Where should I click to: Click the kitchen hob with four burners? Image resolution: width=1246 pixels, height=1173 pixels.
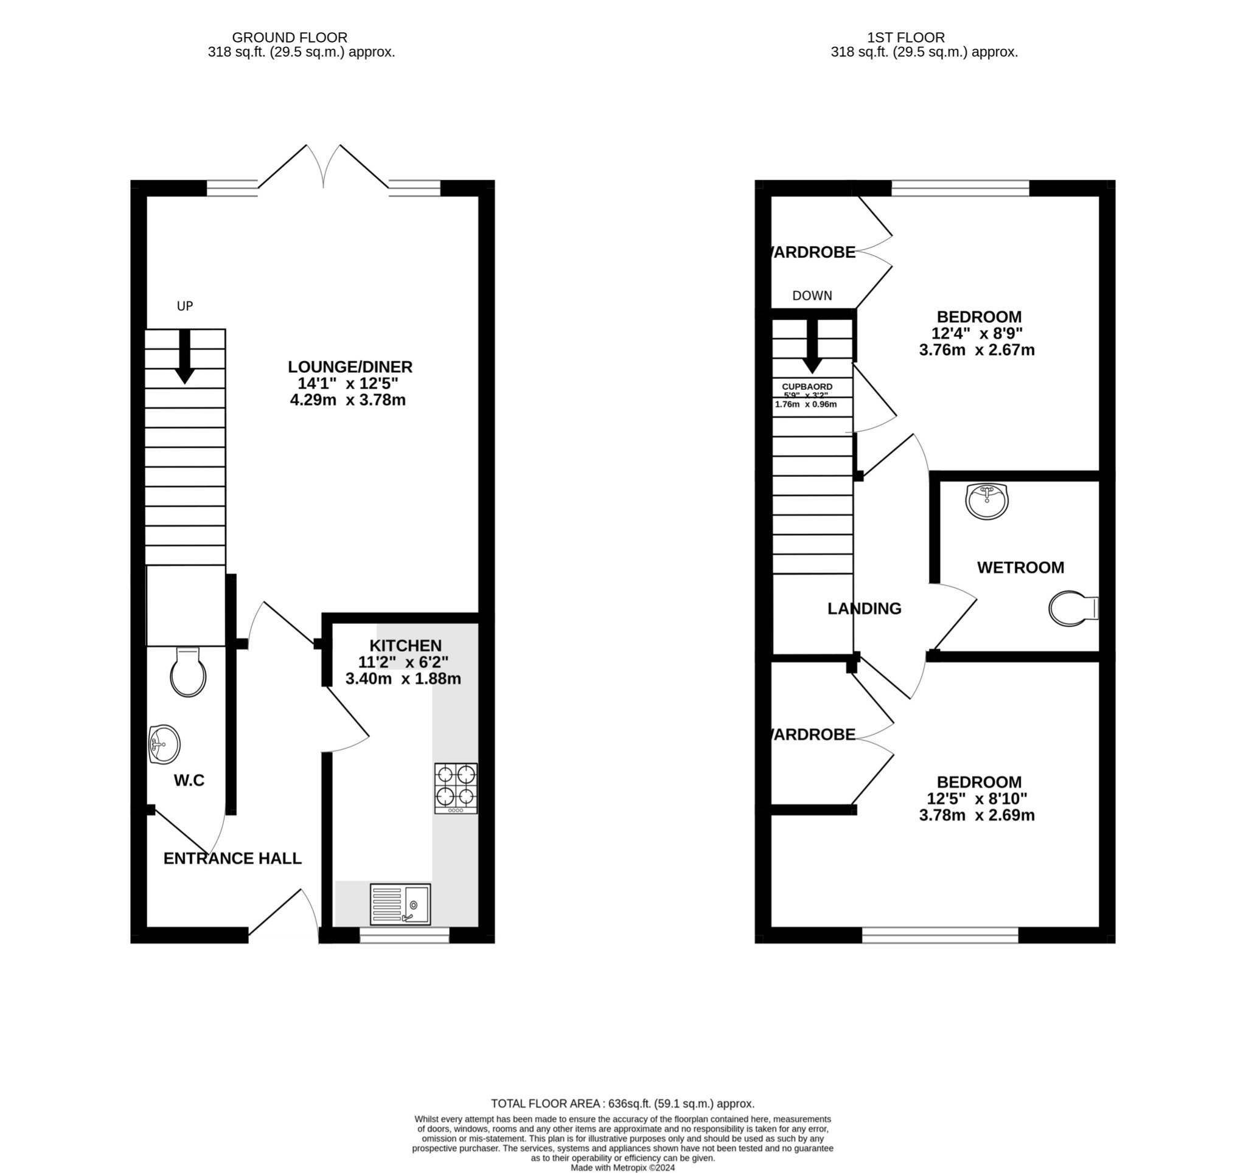456,787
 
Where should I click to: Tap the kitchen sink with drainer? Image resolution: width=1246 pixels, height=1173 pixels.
400,904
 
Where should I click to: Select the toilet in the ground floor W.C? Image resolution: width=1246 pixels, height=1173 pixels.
188,673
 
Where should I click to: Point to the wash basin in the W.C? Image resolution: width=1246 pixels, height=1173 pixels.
164,744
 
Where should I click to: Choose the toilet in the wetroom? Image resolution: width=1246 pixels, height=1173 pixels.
1073,609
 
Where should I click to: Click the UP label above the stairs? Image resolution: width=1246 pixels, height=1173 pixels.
185,306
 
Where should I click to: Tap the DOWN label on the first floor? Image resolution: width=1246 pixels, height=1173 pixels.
812,296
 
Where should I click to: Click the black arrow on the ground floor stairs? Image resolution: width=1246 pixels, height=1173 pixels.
184,356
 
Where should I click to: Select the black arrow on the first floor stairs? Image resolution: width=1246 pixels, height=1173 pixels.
812,347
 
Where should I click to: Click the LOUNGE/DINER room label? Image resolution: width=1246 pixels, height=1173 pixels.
350,367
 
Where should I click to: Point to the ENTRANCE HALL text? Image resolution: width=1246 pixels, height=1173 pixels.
232,859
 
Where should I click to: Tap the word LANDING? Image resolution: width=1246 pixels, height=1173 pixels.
864,609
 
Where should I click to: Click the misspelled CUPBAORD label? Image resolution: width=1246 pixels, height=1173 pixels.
807,387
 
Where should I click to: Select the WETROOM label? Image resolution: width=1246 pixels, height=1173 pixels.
1020,568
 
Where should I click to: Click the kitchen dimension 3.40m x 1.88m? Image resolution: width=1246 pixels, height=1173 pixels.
403,679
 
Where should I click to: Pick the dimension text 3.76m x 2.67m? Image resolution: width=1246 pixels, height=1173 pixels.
976,350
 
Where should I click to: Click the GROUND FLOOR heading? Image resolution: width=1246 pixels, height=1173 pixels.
290,38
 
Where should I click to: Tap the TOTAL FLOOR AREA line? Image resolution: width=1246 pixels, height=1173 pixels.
622,1104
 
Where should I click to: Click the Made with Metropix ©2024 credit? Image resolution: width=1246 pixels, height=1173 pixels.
622,1168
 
